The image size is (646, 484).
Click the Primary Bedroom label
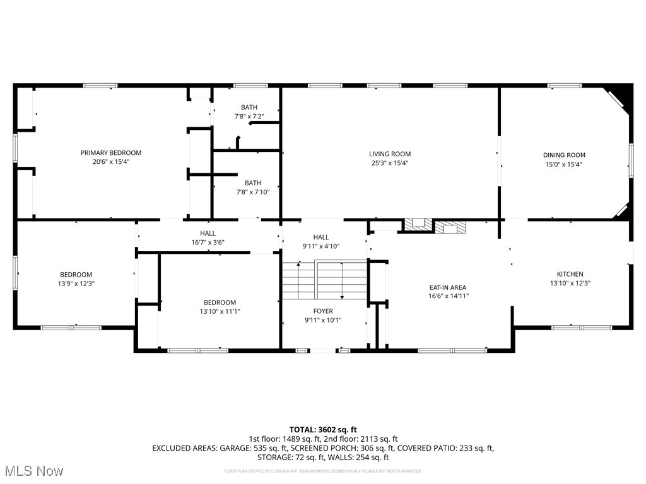111,153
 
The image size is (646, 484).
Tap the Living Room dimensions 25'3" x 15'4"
389,163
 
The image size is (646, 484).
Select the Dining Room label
564,155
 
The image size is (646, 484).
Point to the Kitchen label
570,274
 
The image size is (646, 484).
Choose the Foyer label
323,311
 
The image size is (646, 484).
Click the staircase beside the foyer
324,280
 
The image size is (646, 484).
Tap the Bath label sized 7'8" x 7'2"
249,107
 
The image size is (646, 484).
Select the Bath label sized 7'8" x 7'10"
252,183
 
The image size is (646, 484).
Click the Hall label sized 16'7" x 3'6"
208,233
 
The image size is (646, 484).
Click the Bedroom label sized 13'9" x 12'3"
76,274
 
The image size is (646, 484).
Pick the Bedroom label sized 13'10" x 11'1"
220,302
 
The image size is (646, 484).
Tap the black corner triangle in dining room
623,95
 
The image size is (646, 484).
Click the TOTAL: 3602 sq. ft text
323,429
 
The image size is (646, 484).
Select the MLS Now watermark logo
33,471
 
